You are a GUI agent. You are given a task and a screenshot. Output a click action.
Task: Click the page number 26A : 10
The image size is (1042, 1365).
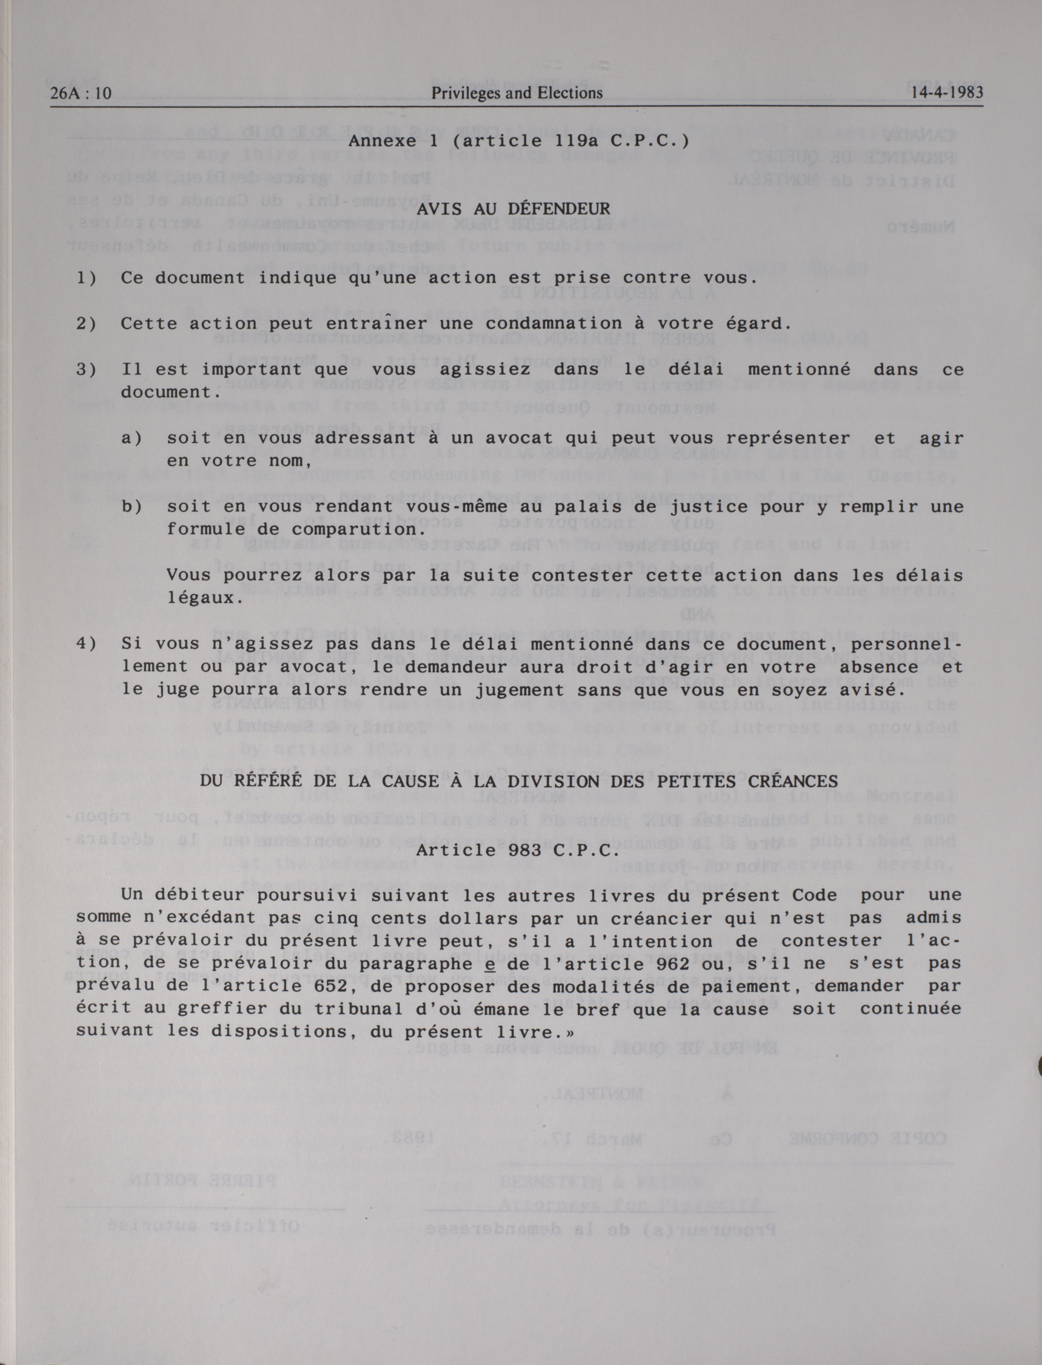(x=80, y=93)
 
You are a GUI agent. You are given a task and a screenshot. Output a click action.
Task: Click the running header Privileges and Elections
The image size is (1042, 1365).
(x=517, y=93)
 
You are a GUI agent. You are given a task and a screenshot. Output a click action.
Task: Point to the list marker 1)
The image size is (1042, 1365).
(x=86, y=278)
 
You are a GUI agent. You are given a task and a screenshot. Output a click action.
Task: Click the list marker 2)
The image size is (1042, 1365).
(x=86, y=324)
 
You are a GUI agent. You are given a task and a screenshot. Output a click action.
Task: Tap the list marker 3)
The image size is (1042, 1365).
(x=86, y=370)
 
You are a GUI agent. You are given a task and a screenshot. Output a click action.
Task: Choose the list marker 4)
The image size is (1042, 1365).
(x=86, y=644)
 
